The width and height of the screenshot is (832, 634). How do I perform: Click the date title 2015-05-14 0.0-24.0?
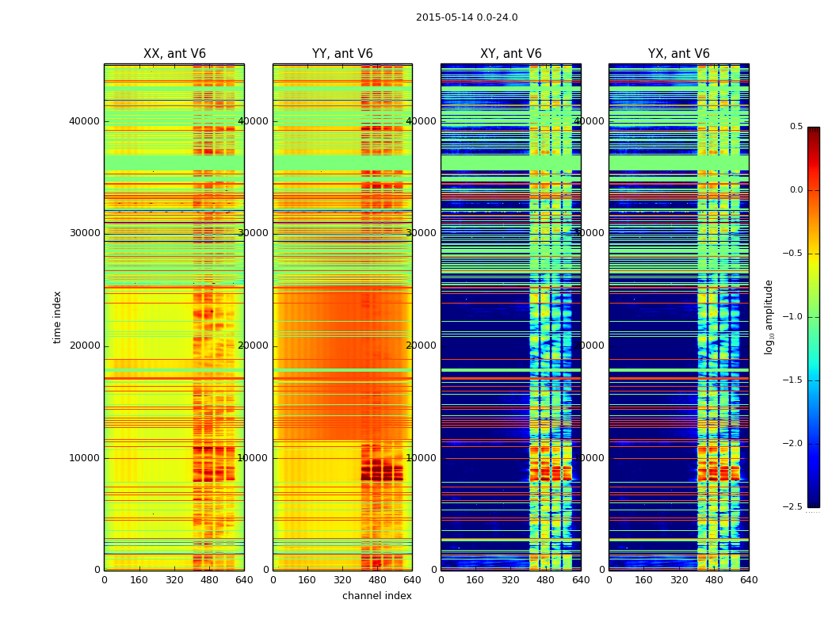pos(467,17)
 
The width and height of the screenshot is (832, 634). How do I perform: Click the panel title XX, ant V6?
pos(174,54)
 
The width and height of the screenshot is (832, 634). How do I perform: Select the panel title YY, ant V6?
pos(342,54)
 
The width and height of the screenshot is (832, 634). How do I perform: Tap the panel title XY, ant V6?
pos(511,54)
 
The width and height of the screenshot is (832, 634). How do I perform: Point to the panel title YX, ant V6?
pos(679,54)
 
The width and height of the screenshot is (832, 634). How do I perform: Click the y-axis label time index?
pos(58,317)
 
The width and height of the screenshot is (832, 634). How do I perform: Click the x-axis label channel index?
pos(377,596)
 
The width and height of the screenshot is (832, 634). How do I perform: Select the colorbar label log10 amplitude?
pos(769,317)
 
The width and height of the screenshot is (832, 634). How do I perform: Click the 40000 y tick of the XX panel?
pos(85,121)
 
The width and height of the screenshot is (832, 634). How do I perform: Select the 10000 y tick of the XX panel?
pos(85,458)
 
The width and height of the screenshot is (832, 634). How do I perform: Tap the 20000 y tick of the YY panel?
pos(254,346)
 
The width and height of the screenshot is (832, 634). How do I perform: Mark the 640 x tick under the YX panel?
pos(749,580)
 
